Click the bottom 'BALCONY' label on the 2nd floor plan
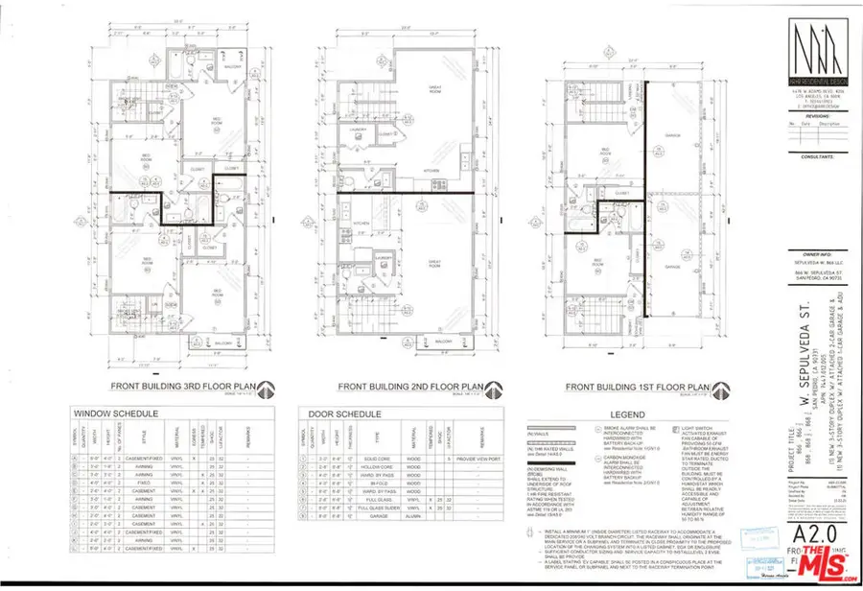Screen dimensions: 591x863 pos(442,342)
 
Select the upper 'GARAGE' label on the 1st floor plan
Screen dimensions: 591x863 pos(671,135)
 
